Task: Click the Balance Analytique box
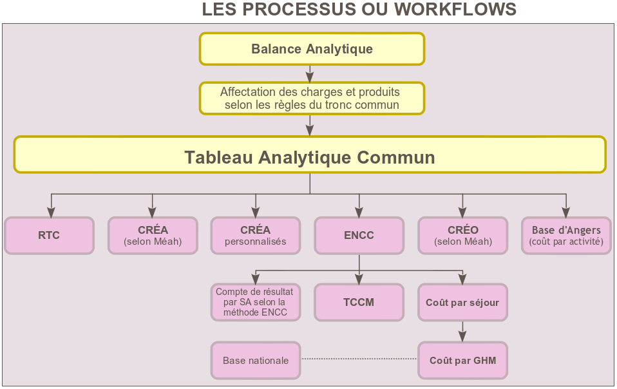pyautogui.click(x=312, y=49)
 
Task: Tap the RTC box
pyautogui.click(x=49, y=236)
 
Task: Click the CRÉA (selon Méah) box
pyautogui.click(x=153, y=236)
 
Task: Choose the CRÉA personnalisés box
pyautogui.click(x=256, y=236)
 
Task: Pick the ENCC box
pyautogui.click(x=359, y=236)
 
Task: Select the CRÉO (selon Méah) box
pyautogui.click(x=462, y=236)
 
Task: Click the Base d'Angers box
pyautogui.click(x=566, y=236)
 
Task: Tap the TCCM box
pyautogui.click(x=359, y=302)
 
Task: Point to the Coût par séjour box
pyautogui.click(x=462, y=302)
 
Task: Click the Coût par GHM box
pyautogui.click(x=462, y=360)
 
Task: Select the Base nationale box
pyautogui.click(x=256, y=360)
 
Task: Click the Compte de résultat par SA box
pyautogui.click(x=256, y=302)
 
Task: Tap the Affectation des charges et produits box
pyautogui.click(x=312, y=99)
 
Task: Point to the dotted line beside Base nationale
pyautogui.click(x=359, y=358)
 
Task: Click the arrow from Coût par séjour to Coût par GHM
pyautogui.click(x=462, y=331)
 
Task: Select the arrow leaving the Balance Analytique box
pyautogui.click(x=310, y=73)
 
